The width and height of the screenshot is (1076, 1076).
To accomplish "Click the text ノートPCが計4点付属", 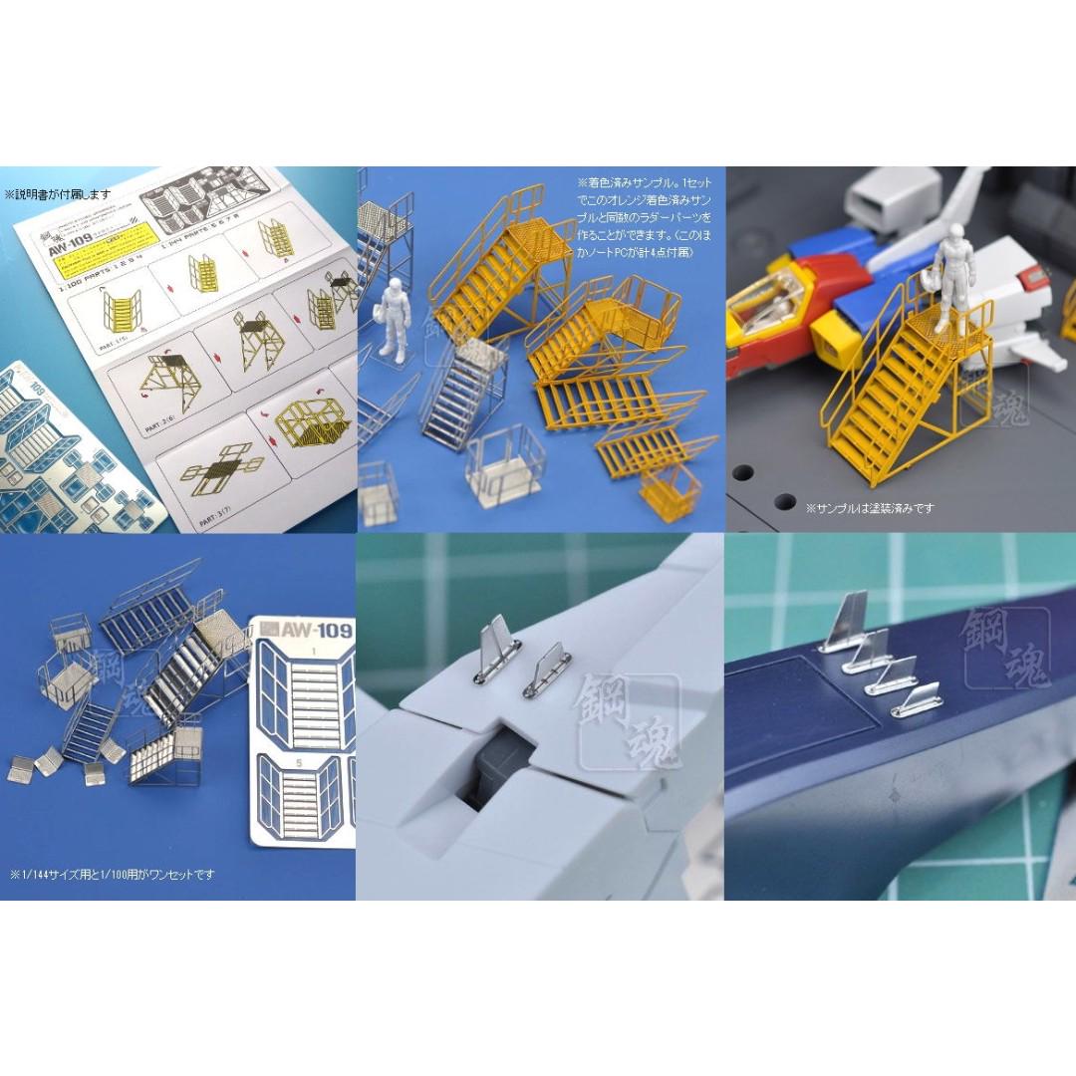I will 648,253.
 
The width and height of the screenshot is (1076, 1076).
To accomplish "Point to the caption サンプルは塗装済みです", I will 870,508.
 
